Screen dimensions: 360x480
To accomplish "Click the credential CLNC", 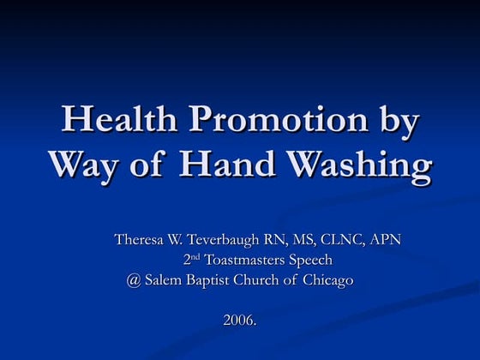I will (343, 239).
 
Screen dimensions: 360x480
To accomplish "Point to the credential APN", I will (386, 239).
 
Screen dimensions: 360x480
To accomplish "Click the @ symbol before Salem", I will (131, 280).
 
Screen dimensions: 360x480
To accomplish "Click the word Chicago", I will (328, 280).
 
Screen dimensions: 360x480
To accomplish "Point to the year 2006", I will (239, 321).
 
